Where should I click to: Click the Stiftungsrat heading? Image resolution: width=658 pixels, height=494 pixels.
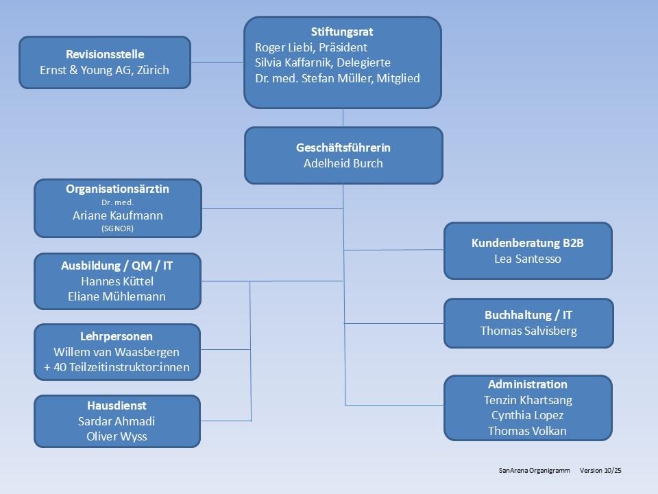pos(342,32)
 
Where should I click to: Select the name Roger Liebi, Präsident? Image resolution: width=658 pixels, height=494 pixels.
pos(311,47)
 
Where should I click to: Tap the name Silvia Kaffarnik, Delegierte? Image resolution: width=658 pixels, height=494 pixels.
pos(323,62)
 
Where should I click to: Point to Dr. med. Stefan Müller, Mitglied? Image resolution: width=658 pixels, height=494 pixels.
pos(337,78)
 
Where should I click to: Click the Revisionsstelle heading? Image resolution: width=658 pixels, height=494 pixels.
pos(105,54)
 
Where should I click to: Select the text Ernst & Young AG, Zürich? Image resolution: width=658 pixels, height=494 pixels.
pos(105,70)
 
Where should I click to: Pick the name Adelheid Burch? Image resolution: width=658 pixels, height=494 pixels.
pos(343,163)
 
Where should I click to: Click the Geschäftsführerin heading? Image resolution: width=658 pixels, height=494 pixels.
pos(343,148)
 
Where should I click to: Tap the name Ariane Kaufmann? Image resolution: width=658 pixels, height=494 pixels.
pos(118,215)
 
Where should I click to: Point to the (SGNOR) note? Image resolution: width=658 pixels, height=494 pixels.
pos(118,228)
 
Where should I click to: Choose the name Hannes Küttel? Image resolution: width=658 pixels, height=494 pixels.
pos(117,281)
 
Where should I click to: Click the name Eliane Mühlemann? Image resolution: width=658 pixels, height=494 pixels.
pos(117,296)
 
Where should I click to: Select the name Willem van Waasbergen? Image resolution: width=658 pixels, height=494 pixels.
pos(117,352)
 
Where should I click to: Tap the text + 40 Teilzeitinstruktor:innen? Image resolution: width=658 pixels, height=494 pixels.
pos(117,368)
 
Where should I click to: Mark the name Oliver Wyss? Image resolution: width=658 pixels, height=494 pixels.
pos(117,436)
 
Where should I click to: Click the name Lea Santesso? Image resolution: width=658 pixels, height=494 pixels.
pos(528,259)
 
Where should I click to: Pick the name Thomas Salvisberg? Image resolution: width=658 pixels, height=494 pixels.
pos(528,331)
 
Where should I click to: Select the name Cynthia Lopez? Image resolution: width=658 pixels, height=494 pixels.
pos(528,416)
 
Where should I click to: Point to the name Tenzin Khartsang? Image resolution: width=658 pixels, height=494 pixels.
pos(528,400)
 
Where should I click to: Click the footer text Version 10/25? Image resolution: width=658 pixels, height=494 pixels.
pos(605,471)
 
